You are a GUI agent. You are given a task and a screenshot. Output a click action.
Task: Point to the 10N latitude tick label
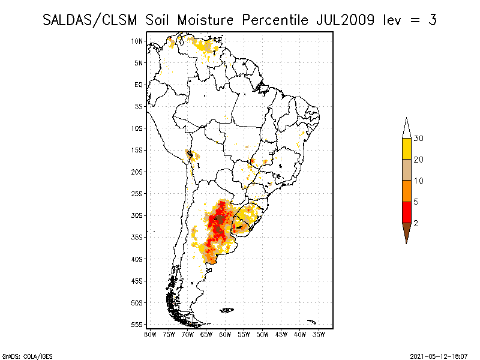(x=137, y=41)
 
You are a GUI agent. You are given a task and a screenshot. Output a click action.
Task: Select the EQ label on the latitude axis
(x=139, y=85)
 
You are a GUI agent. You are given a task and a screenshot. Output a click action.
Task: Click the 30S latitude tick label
(x=137, y=215)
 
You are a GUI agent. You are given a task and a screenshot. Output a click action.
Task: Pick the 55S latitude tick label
(x=137, y=325)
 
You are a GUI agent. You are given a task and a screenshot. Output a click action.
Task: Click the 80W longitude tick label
(x=150, y=334)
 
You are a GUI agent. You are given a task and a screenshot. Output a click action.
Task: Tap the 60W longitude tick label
(x=225, y=334)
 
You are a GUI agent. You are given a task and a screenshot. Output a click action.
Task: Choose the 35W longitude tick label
(x=319, y=334)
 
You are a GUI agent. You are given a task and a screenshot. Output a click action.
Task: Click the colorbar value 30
(x=419, y=139)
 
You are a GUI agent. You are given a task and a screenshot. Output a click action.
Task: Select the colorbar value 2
(x=416, y=223)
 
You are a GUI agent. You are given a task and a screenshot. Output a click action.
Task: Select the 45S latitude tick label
(x=137, y=281)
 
